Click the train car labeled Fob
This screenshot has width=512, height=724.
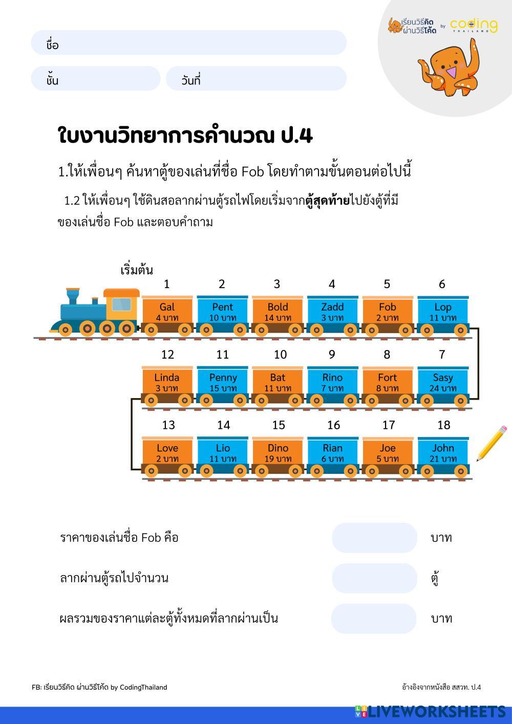(x=388, y=312)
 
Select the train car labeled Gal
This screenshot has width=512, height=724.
(x=167, y=312)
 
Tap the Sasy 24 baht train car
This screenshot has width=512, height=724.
(x=443, y=382)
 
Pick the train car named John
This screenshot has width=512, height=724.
(x=443, y=453)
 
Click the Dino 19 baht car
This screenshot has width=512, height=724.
(x=278, y=453)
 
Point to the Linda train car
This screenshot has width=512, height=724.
(x=167, y=382)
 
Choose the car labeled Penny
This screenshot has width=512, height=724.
(x=223, y=382)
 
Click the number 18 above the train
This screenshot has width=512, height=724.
(x=443, y=425)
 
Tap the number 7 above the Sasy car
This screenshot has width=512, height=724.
(x=442, y=354)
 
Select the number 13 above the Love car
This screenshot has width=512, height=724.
(x=168, y=425)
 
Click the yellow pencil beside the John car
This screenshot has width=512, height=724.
(x=492, y=443)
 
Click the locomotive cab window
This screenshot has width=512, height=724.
(x=121, y=304)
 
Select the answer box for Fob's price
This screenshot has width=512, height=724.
(x=374, y=538)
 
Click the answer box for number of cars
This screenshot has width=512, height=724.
(x=374, y=578)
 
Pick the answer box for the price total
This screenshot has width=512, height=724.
(x=374, y=619)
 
